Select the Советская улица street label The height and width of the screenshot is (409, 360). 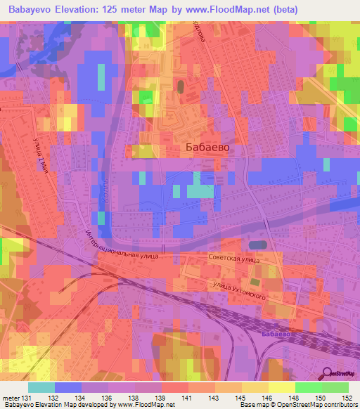[x=233, y=259]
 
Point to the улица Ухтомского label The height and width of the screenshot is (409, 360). [x=240, y=290]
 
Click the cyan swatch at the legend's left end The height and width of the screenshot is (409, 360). [x=41, y=387]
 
